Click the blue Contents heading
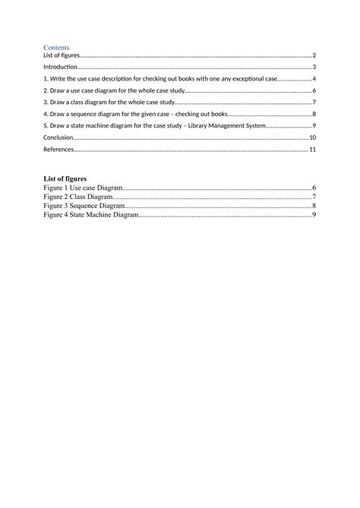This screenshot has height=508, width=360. [x=57, y=46]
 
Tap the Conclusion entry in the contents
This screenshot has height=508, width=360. [x=58, y=137]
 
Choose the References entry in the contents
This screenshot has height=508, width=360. [x=59, y=150]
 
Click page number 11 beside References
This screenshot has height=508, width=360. [x=312, y=150]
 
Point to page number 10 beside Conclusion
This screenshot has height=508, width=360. [x=312, y=137]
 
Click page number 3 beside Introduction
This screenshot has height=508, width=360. [x=314, y=67]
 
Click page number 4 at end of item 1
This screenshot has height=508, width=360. [x=314, y=79]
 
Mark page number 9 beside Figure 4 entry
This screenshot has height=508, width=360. [x=314, y=215]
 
